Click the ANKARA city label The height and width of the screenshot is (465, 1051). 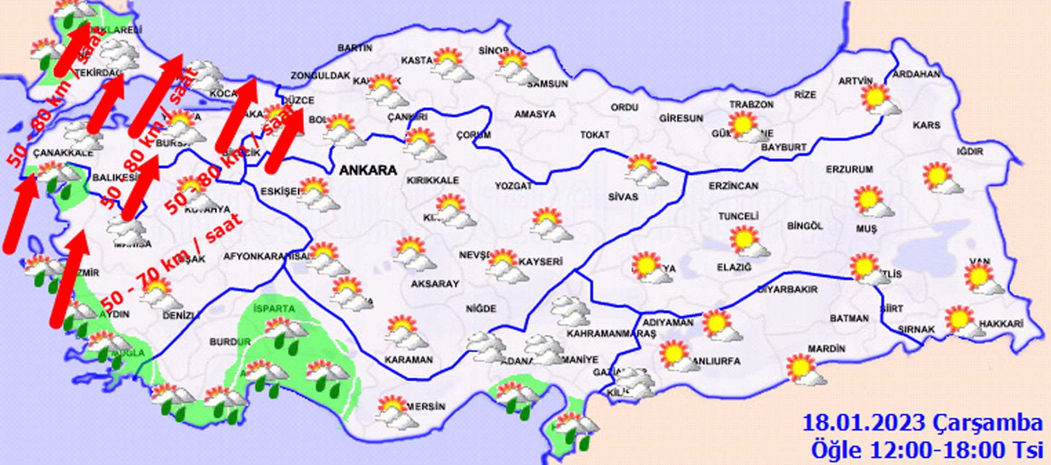(x=368, y=170)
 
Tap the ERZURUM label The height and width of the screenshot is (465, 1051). (x=849, y=170)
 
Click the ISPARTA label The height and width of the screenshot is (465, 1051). (x=274, y=309)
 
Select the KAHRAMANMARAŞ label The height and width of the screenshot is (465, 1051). (x=611, y=334)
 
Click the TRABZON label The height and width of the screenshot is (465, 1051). (x=751, y=105)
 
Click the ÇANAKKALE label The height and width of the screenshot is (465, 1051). (x=63, y=153)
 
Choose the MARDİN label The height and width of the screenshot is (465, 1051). (x=826, y=349)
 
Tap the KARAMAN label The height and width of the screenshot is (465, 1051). (x=408, y=360)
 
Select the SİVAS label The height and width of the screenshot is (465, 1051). (x=623, y=197)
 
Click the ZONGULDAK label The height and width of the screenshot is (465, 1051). (x=320, y=76)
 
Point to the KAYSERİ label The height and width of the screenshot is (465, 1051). (x=540, y=262)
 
